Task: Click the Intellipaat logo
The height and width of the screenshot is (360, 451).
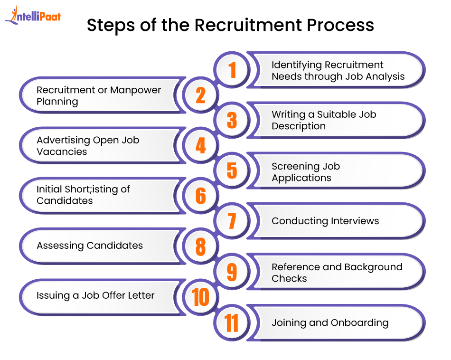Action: point(33,15)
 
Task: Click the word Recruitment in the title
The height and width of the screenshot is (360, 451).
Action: point(248,25)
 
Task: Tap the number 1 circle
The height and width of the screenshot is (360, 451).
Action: point(232,70)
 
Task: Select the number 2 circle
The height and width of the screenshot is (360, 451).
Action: point(200,95)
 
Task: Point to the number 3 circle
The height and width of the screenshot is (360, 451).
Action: point(232,120)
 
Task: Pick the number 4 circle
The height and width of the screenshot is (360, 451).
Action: point(200,145)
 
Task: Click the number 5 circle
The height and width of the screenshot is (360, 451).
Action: point(232,171)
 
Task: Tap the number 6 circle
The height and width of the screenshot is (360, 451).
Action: point(200,196)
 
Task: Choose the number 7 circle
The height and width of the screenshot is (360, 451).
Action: point(232,221)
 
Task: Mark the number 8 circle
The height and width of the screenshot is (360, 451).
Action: point(200,246)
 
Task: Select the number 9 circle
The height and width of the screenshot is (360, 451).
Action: point(232,272)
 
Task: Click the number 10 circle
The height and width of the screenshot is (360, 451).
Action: point(200,297)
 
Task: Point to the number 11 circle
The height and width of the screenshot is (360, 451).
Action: point(232,322)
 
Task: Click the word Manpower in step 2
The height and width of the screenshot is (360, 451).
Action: point(135,90)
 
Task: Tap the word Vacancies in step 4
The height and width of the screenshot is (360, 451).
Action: point(62,152)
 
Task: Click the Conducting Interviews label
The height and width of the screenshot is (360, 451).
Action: point(325,221)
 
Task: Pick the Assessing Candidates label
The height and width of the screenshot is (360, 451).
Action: point(90,246)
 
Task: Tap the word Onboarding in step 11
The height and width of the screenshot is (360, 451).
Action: point(359,323)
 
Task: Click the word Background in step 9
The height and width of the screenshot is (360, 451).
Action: point(373,267)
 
